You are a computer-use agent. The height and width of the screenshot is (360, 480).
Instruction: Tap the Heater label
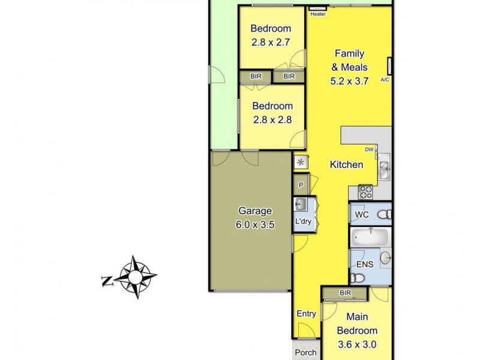pos(318,14)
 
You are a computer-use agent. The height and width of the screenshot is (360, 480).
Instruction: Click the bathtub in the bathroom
pos(368,236)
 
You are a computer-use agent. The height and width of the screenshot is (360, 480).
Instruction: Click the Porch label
pos(306,353)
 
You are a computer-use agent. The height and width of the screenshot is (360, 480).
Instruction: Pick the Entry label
pos(307,314)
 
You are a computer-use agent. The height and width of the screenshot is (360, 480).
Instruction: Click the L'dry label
pos(302,222)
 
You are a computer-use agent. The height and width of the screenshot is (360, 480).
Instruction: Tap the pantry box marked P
pos(301,185)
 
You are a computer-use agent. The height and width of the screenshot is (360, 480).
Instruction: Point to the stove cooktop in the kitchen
pos(365,192)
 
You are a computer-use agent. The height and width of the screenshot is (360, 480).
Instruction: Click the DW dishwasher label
pos(370,150)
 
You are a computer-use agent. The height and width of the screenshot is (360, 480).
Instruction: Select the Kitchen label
pos(346,164)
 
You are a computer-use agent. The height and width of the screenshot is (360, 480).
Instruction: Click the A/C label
pos(385,79)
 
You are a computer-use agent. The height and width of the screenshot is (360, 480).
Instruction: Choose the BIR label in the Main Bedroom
pos(344,293)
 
